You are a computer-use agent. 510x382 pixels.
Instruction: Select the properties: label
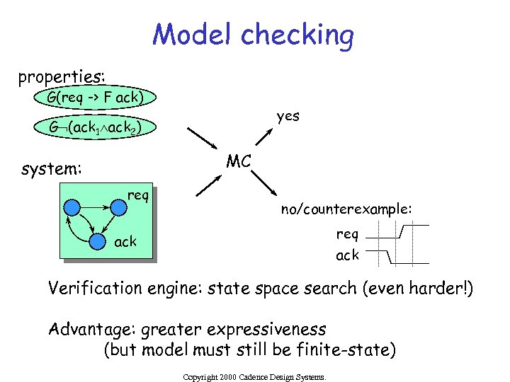(62, 75)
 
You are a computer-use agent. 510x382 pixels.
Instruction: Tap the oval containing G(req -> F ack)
(94, 97)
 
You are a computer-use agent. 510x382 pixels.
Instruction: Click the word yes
(288, 115)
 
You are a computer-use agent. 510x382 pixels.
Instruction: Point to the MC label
(239, 161)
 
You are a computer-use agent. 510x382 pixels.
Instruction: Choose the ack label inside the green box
(125, 243)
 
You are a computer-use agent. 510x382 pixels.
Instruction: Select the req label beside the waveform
(347, 233)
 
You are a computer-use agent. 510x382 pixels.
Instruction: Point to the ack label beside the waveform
(347, 255)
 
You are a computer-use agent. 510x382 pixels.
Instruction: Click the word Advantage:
(91, 329)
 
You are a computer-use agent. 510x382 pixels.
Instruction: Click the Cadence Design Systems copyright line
(254, 378)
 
